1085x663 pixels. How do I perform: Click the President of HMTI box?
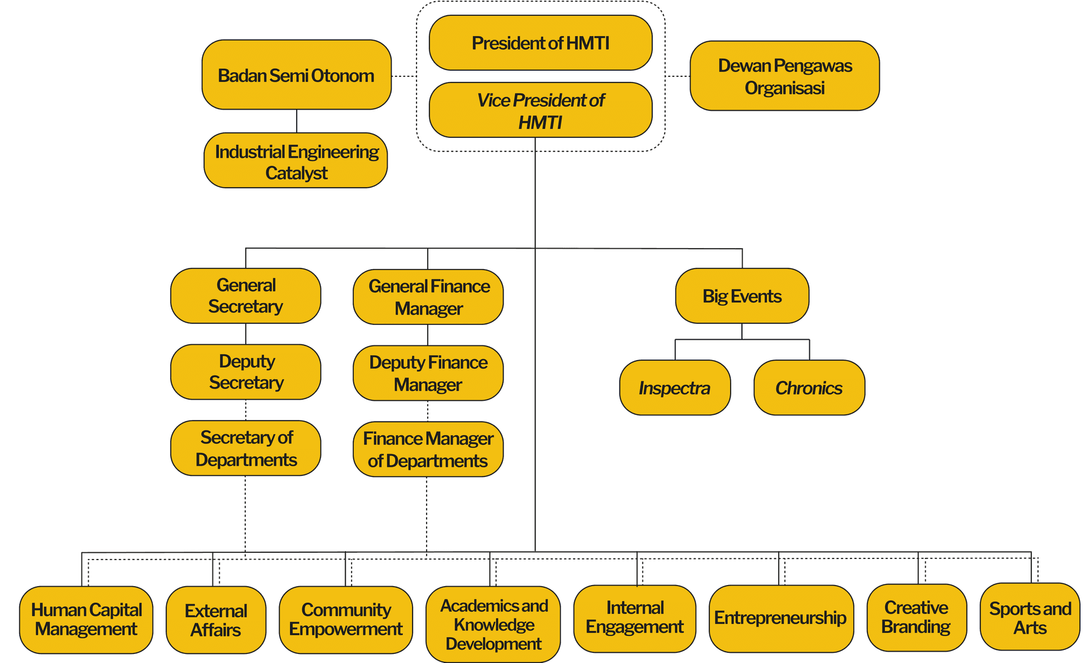(540, 43)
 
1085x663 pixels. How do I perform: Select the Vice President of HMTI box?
(540, 110)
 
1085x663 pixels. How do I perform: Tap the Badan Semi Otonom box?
(296, 75)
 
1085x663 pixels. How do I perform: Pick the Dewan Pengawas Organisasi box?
(784, 76)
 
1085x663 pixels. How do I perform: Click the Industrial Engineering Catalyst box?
(296, 161)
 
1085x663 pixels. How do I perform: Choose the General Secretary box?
(245, 296)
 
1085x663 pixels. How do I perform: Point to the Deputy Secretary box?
(245, 372)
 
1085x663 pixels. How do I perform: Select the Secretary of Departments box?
(245, 448)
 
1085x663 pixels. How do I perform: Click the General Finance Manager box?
(428, 297)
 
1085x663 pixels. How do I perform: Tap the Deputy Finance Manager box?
(428, 373)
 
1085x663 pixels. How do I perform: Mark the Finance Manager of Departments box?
(428, 449)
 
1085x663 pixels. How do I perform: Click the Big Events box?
(742, 296)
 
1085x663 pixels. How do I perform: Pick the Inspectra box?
(675, 388)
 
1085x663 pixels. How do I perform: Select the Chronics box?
(809, 388)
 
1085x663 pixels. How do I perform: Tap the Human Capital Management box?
(86, 619)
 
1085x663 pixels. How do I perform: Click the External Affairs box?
(216, 619)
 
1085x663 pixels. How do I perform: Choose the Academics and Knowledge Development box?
(493, 624)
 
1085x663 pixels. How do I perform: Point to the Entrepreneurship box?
(780, 618)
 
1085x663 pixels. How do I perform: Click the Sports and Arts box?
(1030, 617)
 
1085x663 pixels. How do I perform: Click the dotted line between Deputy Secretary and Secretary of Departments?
(245, 410)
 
